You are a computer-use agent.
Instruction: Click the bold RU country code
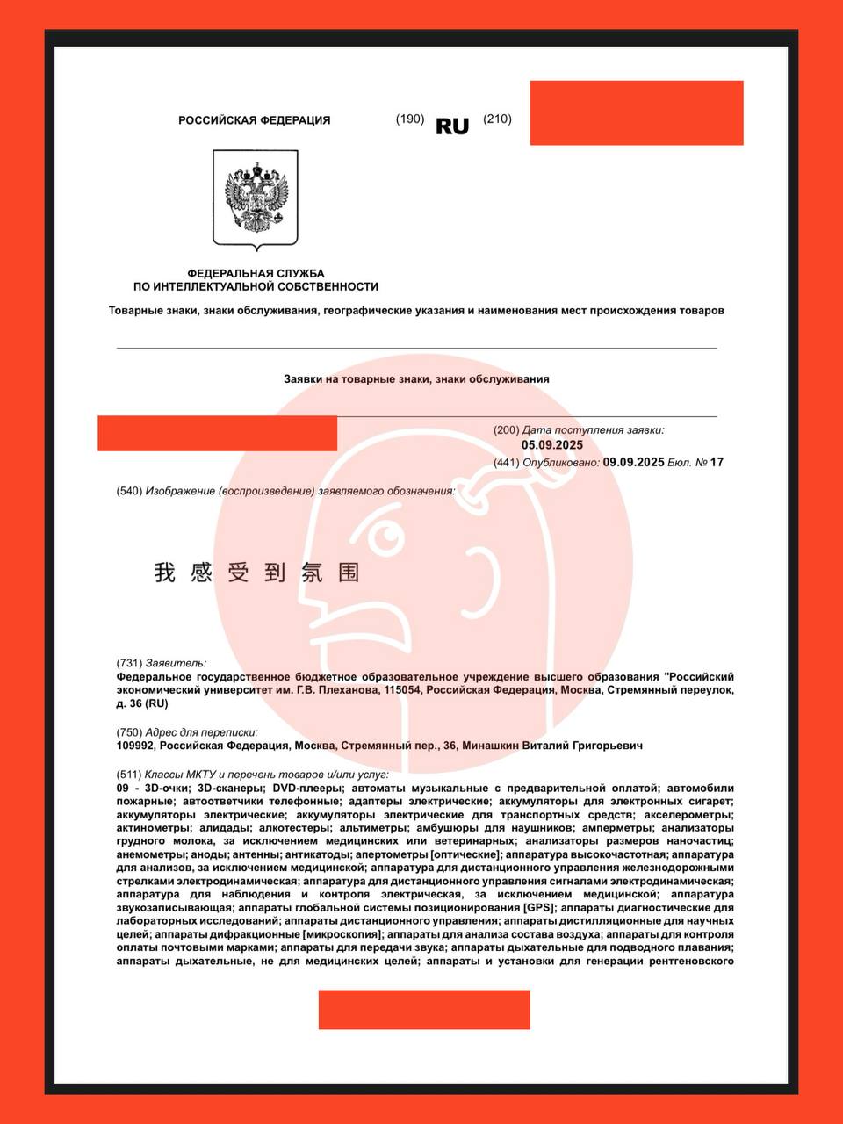click(452, 126)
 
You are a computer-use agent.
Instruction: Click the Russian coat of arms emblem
click(256, 198)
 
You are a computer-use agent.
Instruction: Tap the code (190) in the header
click(410, 119)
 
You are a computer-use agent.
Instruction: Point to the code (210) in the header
click(497, 119)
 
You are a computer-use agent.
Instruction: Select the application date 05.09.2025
click(552, 445)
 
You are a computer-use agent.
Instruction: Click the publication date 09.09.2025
click(633, 462)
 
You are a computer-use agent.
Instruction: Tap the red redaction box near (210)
click(637, 112)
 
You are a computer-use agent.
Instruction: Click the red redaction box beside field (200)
click(217, 434)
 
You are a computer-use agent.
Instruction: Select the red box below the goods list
click(424, 1010)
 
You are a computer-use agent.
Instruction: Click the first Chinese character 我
click(165, 573)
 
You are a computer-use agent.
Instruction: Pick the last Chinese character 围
click(349, 573)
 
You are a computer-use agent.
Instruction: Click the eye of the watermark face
click(384, 535)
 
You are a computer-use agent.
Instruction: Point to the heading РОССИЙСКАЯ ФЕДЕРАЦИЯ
click(255, 120)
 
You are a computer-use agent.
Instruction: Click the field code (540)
click(129, 491)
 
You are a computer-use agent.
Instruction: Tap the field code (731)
click(129, 663)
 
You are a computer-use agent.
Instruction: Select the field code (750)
click(129, 732)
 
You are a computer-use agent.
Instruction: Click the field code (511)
click(129, 775)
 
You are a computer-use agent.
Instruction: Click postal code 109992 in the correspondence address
click(136, 746)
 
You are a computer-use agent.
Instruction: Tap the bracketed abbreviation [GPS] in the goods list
click(539, 907)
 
